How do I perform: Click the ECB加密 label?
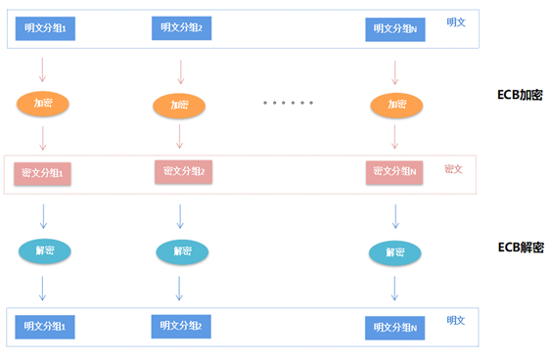[520, 95]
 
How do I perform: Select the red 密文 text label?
[453, 168]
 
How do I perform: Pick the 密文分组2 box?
[183, 172]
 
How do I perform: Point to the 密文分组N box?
[395, 173]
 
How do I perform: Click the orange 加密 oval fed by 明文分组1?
[42, 103]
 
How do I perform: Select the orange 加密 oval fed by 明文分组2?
[180, 105]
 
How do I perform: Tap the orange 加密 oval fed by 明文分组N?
[394, 104]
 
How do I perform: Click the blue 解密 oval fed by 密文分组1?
[44, 250]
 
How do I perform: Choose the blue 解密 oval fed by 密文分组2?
[182, 252]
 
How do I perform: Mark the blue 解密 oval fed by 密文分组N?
[394, 253]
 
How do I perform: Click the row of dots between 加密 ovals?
[287, 103]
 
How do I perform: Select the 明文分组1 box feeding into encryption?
[45, 29]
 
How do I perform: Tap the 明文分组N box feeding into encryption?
[395, 30]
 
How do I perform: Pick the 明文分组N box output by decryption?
[395, 328]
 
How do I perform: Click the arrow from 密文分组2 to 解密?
[180, 214]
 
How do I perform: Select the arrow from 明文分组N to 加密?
[394, 70]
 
